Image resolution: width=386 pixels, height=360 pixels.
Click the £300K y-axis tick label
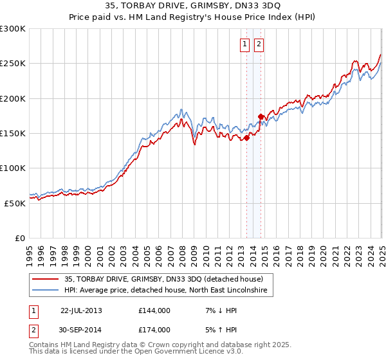(x=13, y=29)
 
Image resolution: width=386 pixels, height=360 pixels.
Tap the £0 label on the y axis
(x=20, y=238)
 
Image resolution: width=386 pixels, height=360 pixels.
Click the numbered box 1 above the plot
(x=245, y=44)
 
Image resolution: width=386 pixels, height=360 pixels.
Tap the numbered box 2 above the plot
(x=259, y=44)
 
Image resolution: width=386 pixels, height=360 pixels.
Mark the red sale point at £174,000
(x=261, y=116)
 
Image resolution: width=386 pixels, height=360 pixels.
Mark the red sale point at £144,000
(x=246, y=137)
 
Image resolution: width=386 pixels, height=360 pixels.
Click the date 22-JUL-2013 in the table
(x=81, y=310)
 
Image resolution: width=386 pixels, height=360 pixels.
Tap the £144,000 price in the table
(x=154, y=310)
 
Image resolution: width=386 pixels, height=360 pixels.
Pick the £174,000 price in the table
(x=154, y=329)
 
